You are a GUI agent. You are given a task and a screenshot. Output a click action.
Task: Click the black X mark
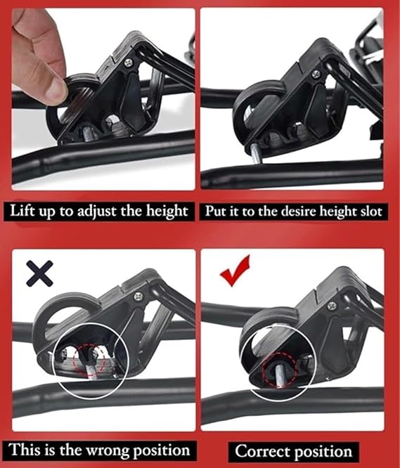click(x=39, y=273)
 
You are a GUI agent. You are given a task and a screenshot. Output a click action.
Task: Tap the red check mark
click(x=234, y=271)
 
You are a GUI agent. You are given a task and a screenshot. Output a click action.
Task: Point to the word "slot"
click(x=370, y=212)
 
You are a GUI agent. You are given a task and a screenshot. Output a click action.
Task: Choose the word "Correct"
click(x=263, y=451)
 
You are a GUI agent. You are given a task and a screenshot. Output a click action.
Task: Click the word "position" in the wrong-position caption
click(x=162, y=450)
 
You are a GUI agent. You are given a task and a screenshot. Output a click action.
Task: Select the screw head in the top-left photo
click(x=129, y=63)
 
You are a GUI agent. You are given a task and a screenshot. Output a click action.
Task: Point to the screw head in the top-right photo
click(x=316, y=74)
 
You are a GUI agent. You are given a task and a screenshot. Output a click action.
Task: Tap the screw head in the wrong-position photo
click(x=138, y=297)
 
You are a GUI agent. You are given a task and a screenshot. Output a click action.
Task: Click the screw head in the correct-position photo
click(x=332, y=306)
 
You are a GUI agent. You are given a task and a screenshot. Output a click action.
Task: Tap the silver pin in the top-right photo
click(x=256, y=153)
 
